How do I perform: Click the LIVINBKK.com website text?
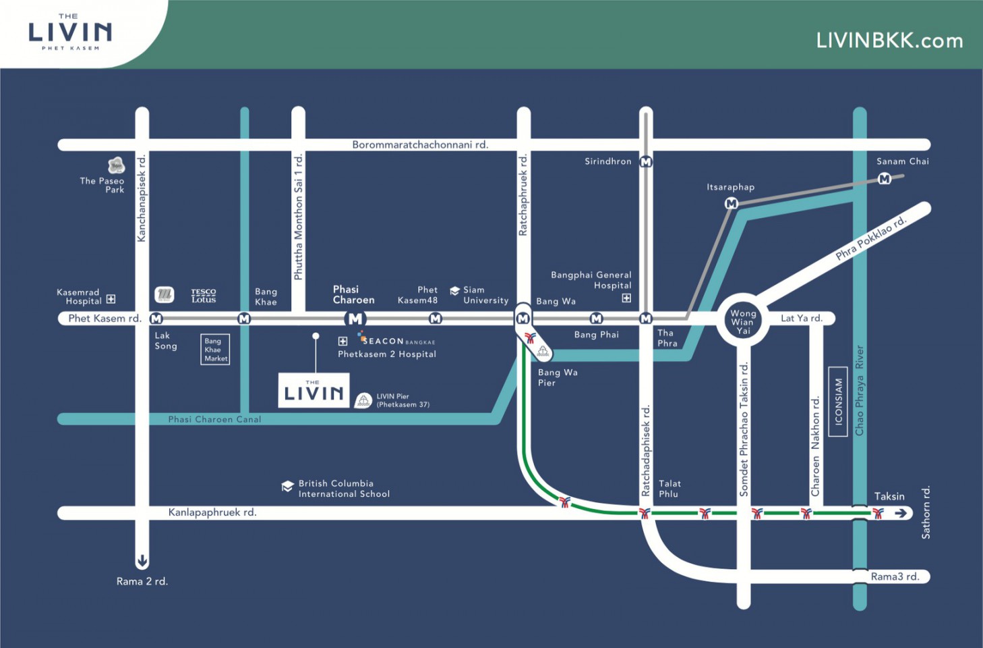889,41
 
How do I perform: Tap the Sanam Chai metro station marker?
885,179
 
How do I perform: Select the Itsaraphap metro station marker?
731,203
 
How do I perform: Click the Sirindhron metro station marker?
645,162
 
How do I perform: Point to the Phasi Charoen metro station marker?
355,319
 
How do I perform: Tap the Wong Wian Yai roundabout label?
743,322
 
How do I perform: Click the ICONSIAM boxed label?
838,402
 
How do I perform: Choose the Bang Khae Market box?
215,350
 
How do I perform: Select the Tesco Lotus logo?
203,296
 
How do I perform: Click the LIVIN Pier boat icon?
363,401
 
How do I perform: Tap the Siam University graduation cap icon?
454,291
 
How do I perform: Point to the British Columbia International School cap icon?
287,486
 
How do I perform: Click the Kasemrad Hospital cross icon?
111,299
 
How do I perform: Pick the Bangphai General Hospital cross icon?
626,298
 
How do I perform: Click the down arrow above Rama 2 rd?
142,560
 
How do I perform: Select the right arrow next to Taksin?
901,513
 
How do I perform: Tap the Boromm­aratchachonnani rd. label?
420,144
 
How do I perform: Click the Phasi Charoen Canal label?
214,419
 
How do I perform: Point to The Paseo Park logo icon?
116,165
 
